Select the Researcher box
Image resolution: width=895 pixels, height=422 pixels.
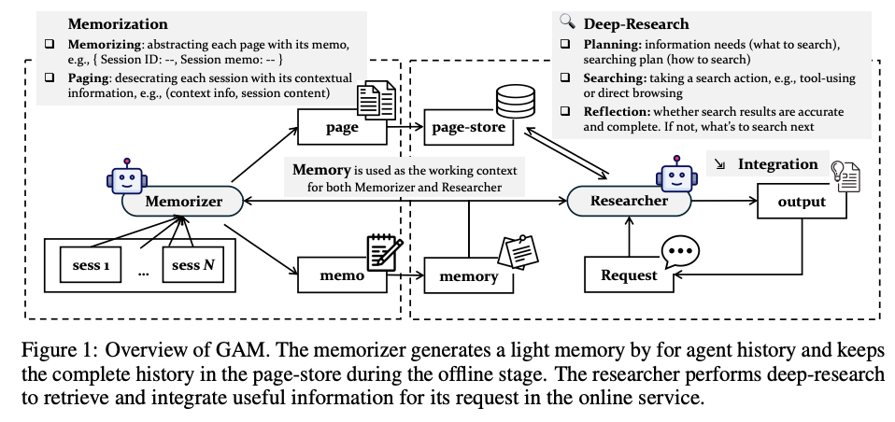[x=629, y=200]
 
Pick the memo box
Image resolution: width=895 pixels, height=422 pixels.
[x=343, y=275]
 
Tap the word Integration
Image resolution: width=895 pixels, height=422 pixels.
[x=777, y=164]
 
